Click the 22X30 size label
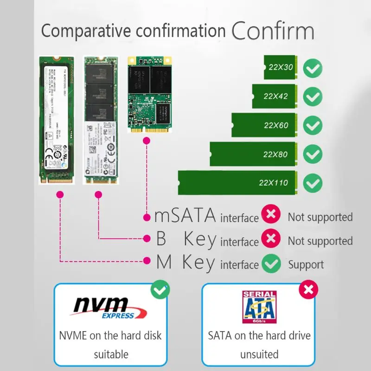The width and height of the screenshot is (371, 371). pos(281,67)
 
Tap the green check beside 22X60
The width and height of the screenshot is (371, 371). pos(313,125)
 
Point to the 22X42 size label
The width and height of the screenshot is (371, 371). pos(275,96)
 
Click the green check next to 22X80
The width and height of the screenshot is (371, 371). pos(313,154)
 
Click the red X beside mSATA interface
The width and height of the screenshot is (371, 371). pos(271,215)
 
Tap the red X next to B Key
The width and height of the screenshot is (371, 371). pos(271,239)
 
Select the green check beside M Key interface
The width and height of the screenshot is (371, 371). pos(271,264)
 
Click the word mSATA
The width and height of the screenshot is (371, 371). pos(185,216)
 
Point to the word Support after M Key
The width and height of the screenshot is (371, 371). pos(306,265)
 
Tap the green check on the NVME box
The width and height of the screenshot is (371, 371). pos(160,290)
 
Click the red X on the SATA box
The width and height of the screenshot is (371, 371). pos(308,290)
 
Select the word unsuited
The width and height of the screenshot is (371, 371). pos(259,355)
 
